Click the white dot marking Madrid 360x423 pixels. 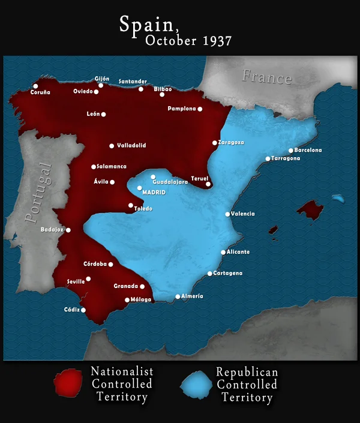click(x=140, y=188)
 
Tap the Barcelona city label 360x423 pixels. click(x=308, y=150)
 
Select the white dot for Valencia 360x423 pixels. click(x=227, y=214)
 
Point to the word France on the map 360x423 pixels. click(x=266, y=77)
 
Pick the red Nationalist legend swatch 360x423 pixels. click(x=68, y=384)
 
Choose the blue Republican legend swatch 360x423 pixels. click(x=196, y=384)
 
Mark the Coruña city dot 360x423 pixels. click(x=35, y=86)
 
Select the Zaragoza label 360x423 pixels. click(x=232, y=142)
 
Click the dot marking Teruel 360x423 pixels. click(x=208, y=184)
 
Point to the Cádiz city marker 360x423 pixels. click(x=83, y=310)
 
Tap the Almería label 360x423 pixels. click(x=192, y=296)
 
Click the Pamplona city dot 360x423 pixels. click(x=200, y=109)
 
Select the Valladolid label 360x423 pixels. click(x=132, y=145)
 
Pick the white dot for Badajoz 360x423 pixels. click(x=68, y=230)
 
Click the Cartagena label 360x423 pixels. click(x=228, y=273)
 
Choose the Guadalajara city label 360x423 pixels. click(x=170, y=182)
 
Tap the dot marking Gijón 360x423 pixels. click(x=101, y=85)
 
